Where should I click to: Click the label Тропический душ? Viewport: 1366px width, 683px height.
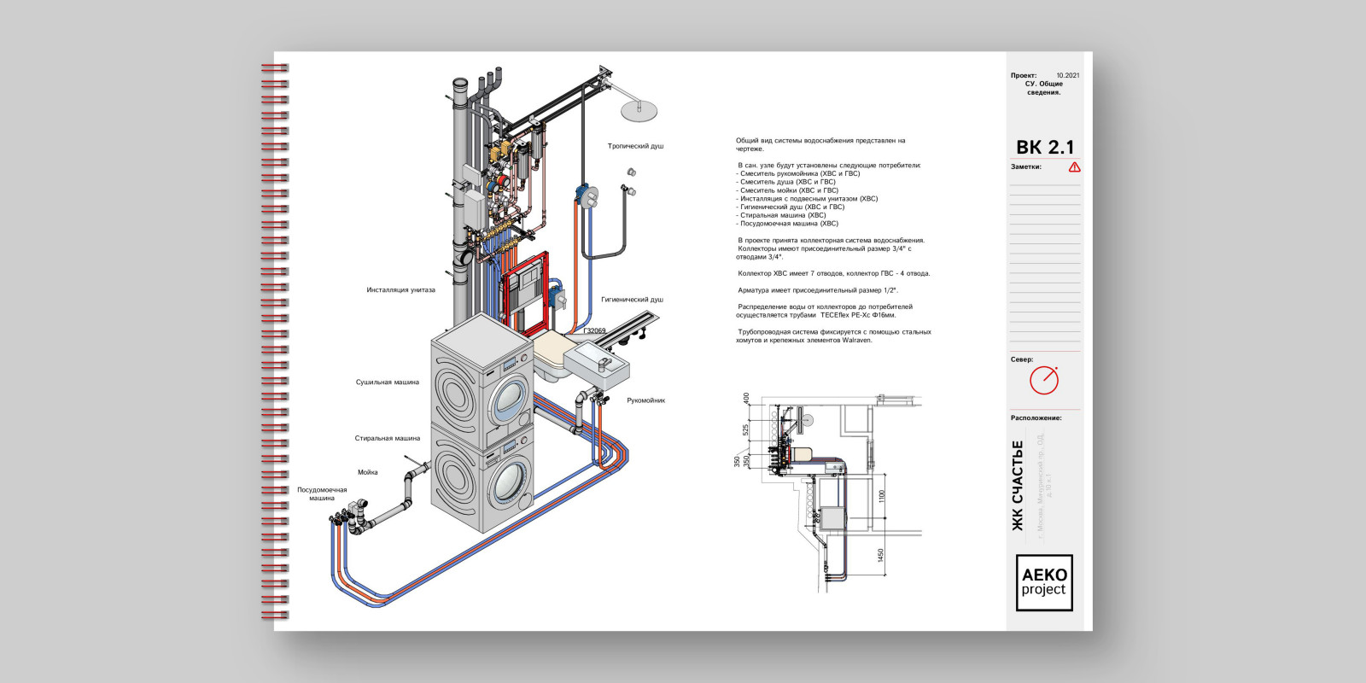(635, 146)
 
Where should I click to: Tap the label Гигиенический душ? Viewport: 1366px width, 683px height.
(632, 300)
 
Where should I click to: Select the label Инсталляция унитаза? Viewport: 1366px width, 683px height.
(400, 290)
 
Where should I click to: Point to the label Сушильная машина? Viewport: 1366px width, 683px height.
(387, 382)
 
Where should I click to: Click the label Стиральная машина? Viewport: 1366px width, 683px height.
(387, 439)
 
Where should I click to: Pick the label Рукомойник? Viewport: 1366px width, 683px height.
(645, 400)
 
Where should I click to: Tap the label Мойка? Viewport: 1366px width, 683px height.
(367, 472)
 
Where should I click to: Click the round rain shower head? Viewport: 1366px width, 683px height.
(639, 109)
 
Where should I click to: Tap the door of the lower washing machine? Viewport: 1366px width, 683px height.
(511, 486)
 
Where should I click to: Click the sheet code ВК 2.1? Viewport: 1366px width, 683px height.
(1045, 148)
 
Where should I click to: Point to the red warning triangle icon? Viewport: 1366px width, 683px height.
(1074, 167)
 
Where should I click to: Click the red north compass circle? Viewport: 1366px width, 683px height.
(1043, 380)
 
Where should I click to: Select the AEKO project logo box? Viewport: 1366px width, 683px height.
(1043, 583)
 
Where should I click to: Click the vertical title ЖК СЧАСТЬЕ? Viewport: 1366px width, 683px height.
(1017, 486)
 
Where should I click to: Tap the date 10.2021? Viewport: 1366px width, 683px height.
(1067, 76)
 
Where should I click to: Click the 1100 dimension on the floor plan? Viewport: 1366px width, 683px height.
(882, 494)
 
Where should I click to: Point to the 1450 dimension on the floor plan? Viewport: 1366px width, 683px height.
(882, 556)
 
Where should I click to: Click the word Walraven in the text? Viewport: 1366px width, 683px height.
(857, 341)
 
